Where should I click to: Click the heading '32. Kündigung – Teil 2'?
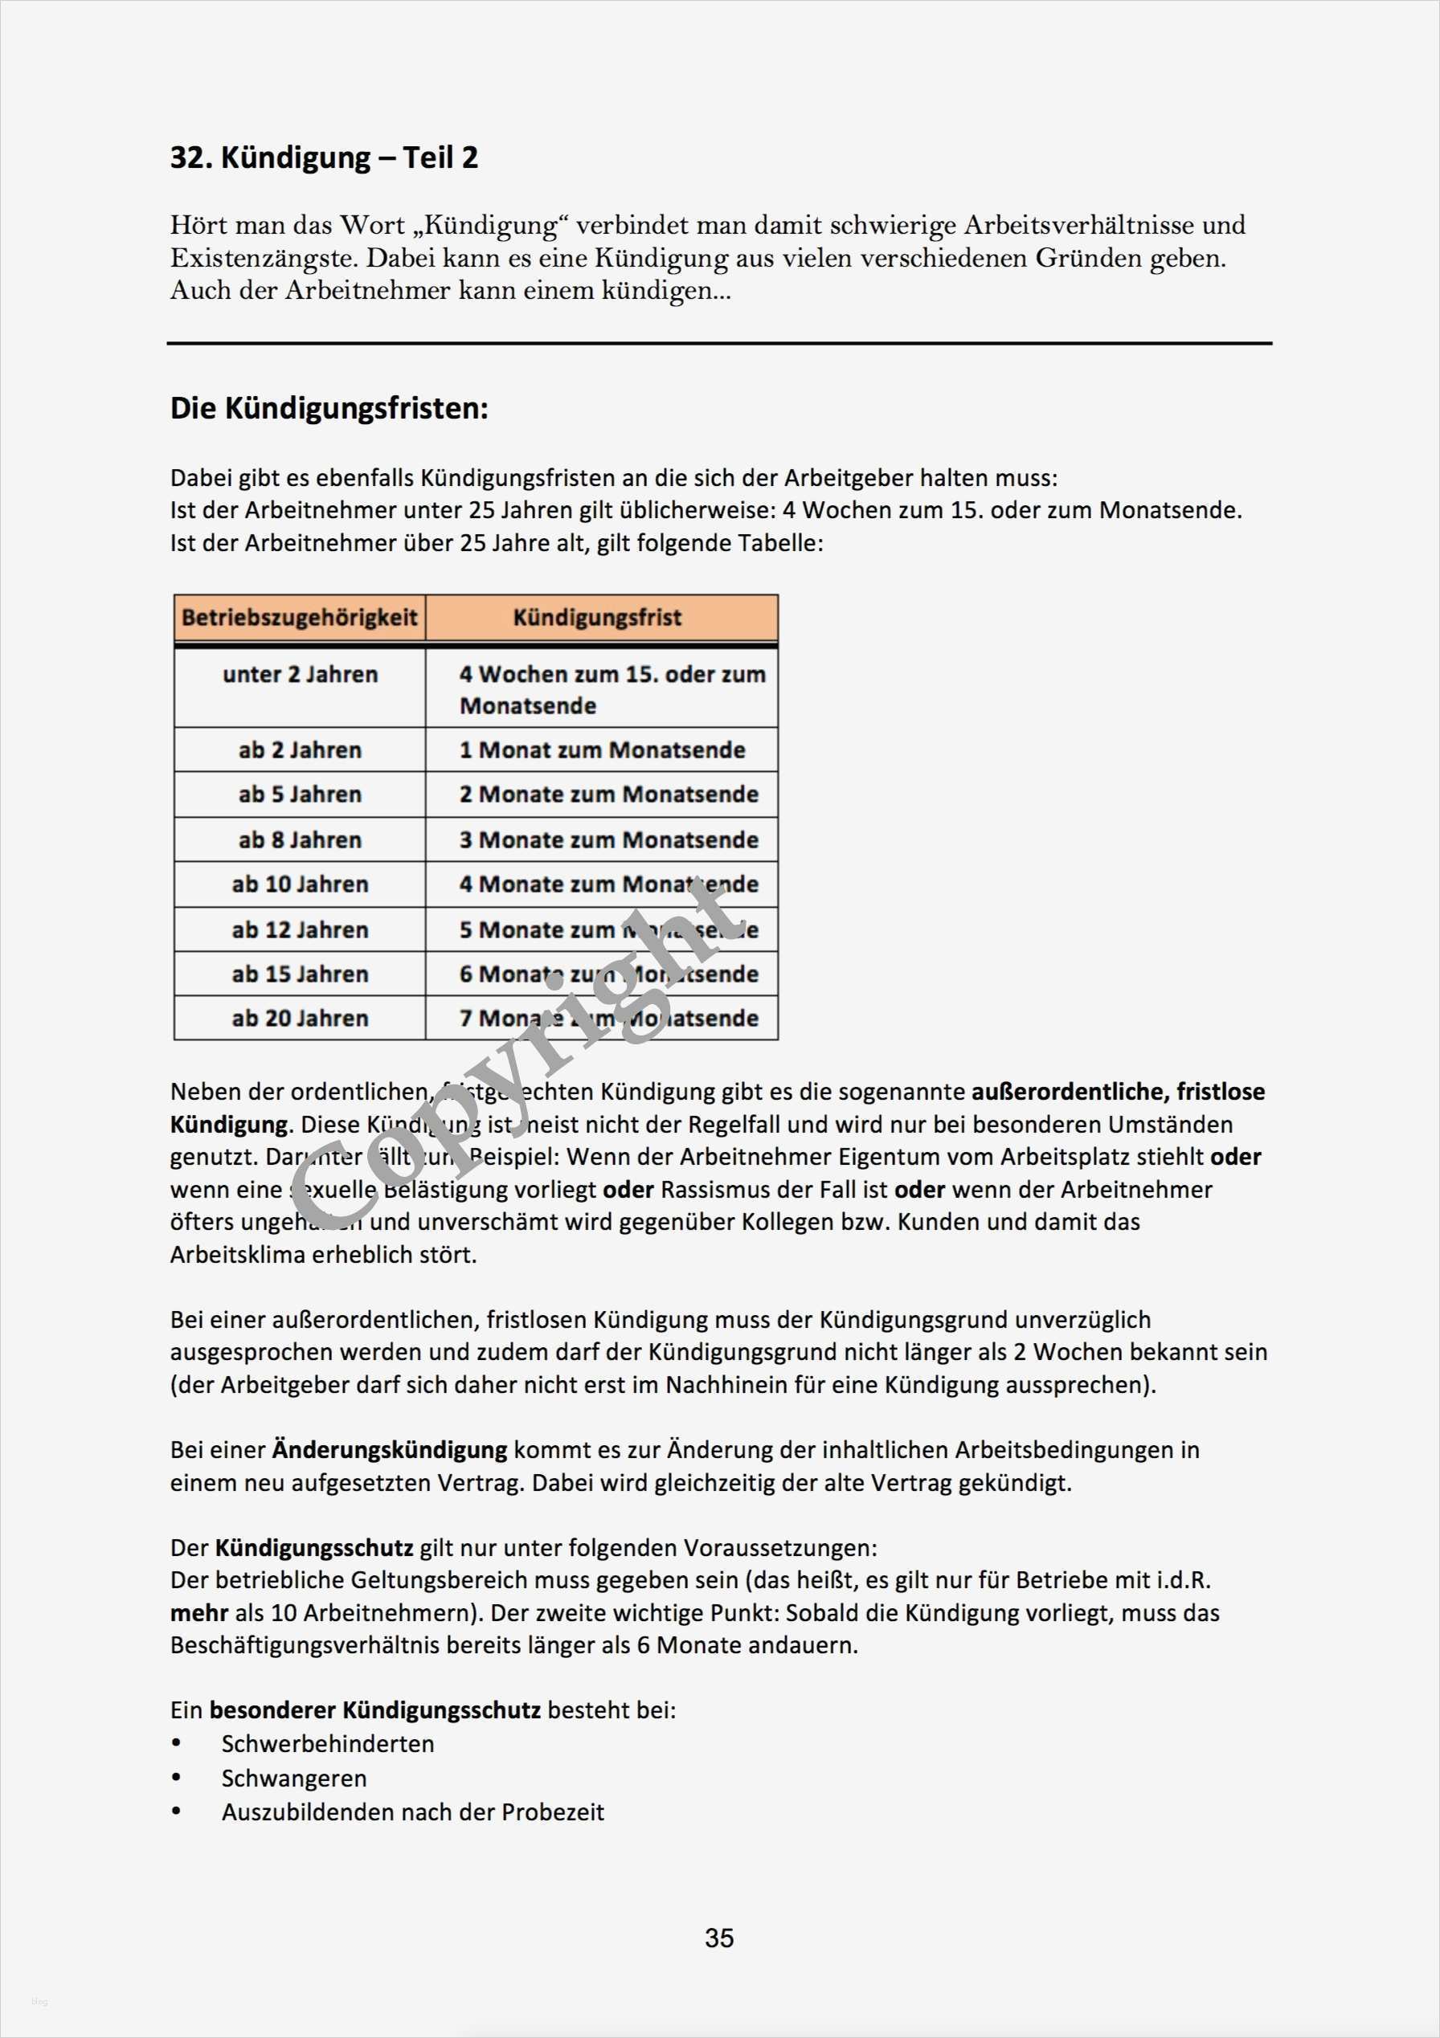(x=324, y=158)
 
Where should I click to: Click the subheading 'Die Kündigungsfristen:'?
(x=329, y=408)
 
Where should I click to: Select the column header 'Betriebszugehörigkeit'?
(x=299, y=618)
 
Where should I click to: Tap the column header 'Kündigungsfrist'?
(x=598, y=618)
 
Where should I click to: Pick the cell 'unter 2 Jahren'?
(x=300, y=675)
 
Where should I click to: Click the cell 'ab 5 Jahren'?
(x=300, y=794)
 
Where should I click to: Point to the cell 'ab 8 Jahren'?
(x=300, y=839)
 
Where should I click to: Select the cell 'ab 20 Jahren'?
(x=300, y=1018)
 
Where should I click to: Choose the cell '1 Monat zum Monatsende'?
(x=602, y=750)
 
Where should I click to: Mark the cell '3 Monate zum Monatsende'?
(x=609, y=839)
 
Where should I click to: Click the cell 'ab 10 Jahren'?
(x=300, y=884)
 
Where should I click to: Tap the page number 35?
(x=719, y=1938)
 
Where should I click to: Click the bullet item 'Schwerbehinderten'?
(x=328, y=1744)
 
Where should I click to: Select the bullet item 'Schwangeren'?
(x=294, y=1779)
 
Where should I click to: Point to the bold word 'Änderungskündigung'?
(x=390, y=1451)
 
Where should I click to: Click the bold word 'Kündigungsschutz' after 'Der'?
(x=314, y=1548)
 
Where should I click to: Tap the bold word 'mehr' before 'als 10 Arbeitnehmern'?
(x=198, y=1613)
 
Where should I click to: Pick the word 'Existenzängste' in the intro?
(x=264, y=259)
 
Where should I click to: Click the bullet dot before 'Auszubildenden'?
(x=177, y=1811)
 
